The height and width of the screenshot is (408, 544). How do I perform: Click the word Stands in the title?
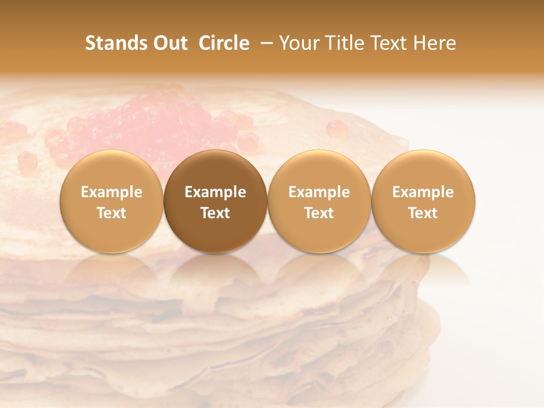click(116, 43)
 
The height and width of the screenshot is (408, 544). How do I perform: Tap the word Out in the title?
click(169, 43)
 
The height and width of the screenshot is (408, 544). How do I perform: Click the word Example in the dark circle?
click(215, 192)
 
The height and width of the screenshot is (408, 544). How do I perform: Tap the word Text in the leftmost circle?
click(111, 213)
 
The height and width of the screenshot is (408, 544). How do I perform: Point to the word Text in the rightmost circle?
click(423, 213)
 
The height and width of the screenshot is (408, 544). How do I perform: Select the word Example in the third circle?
click(319, 192)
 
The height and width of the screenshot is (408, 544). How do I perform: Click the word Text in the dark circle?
click(215, 213)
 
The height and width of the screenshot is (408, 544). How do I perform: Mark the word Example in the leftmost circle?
click(111, 192)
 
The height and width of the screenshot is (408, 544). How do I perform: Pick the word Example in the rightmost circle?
click(423, 192)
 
